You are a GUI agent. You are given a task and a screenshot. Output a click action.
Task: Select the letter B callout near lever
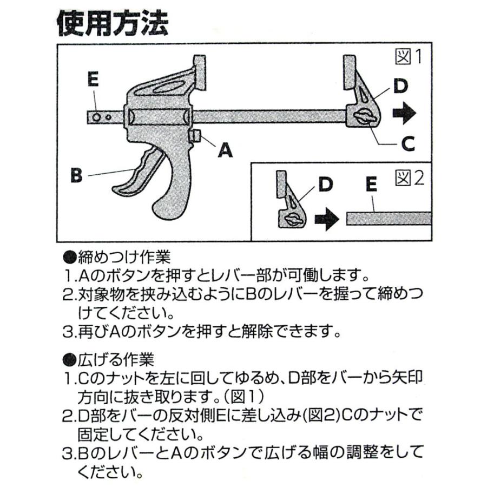(x=76, y=175)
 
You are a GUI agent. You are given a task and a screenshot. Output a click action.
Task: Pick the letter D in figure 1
(x=400, y=85)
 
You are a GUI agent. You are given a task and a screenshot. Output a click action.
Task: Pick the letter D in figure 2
(x=325, y=185)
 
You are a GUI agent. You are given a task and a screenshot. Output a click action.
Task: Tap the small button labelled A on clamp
(x=197, y=136)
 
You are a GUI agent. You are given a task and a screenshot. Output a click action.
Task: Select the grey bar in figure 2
(x=388, y=219)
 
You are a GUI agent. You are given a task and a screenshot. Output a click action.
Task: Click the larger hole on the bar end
(x=96, y=116)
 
